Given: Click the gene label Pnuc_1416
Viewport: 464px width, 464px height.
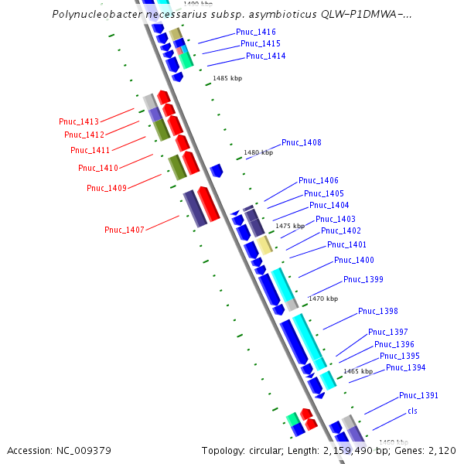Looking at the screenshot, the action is pyautogui.click(x=255, y=32).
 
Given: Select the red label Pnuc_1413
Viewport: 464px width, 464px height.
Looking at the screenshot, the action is pyautogui.click(x=79, y=121).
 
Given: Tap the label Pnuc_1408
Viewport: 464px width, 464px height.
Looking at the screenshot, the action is pyautogui.click(x=301, y=142).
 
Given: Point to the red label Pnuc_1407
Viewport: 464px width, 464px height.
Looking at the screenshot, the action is pyautogui.click(x=124, y=230).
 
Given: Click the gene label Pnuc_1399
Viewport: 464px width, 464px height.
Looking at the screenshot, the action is pyautogui.click(x=363, y=279).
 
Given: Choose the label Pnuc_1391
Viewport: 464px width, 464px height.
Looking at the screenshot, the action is pyautogui.click(x=418, y=395).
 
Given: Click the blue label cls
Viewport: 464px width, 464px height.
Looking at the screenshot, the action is pyautogui.click(x=412, y=411).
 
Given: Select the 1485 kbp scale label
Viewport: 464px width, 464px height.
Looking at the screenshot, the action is pyautogui.click(x=227, y=79).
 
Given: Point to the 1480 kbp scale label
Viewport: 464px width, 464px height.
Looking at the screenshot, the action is pyautogui.click(x=258, y=153).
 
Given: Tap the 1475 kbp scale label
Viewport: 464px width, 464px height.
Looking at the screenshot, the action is pyautogui.click(x=290, y=226).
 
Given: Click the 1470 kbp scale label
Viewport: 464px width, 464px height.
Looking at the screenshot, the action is pyautogui.click(x=322, y=299).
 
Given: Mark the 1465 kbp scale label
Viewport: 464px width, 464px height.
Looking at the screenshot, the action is pyautogui.click(x=358, y=371).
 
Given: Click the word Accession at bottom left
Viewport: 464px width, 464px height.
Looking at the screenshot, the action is pyautogui.click(x=30, y=450).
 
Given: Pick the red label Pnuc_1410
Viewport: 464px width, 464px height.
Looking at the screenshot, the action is pyautogui.click(x=97, y=168).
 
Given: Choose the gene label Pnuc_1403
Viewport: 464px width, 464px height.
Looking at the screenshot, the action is pyautogui.click(x=336, y=219).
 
